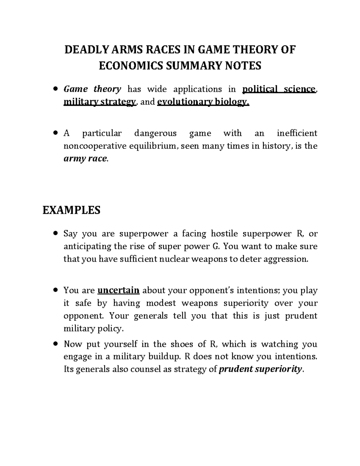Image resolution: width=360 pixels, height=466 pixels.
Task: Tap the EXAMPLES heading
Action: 71,210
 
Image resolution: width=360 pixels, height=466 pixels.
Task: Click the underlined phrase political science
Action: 279,89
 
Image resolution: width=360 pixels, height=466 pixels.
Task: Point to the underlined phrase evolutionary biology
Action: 203,102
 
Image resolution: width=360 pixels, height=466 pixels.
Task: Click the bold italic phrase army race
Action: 85,159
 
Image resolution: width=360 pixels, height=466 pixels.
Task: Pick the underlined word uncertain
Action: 118,290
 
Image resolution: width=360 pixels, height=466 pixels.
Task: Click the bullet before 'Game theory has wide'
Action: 55,89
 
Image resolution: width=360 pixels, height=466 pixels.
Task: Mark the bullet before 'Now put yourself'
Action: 55,344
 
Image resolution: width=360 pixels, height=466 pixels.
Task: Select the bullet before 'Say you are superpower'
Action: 55,234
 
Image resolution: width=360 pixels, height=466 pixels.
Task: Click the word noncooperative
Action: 95,146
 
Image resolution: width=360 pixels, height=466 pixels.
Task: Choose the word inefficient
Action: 297,133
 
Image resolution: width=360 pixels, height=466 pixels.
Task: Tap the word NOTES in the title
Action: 244,65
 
